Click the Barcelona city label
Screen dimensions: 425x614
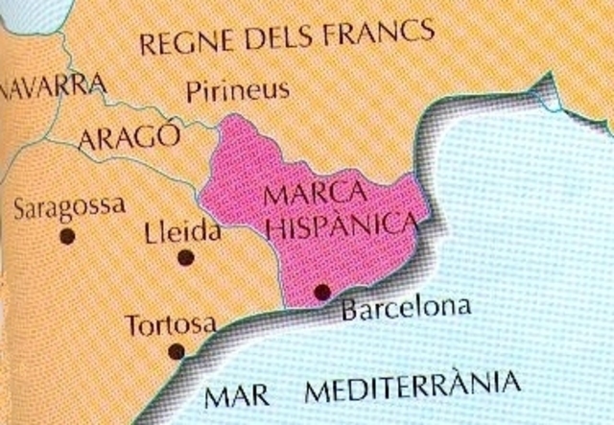click(x=407, y=309)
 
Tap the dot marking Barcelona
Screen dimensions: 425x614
click(x=322, y=292)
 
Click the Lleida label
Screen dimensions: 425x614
click(x=180, y=232)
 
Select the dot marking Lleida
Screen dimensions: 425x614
click(x=186, y=256)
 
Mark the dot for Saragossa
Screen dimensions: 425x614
click(x=66, y=234)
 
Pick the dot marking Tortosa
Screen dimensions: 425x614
click(x=176, y=350)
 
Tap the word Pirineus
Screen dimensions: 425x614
click(x=237, y=91)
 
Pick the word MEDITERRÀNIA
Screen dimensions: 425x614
click(x=415, y=389)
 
